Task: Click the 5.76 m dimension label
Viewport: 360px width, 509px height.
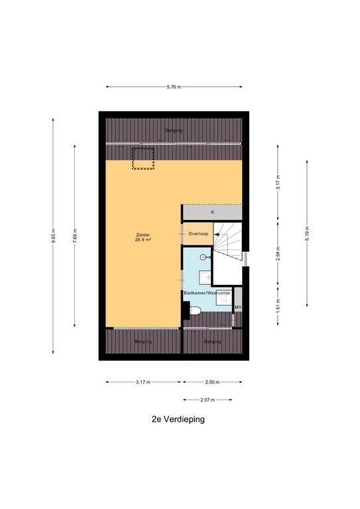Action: (x=174, y=87)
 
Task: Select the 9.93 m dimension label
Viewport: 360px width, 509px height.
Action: (x=53, y=236)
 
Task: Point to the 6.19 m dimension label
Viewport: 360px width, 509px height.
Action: (x=307, y=233)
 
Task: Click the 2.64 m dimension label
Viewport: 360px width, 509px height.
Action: (x=278, y=254)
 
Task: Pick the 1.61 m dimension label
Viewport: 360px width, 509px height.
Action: (x=278, y=306)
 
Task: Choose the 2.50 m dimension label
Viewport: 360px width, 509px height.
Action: (x=213, y=382)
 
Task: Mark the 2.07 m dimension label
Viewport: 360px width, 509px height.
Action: (x=208, y=400)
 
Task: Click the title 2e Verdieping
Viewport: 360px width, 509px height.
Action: (x=178, y=419)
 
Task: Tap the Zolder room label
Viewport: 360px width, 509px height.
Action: (x=143, y=235)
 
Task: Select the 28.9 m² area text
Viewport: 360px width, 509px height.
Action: (x=143, y=240)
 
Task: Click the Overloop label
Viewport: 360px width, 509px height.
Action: (x=198, y=234)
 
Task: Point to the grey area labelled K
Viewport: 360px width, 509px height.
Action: (x=213, y=213)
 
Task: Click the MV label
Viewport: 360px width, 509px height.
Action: (x=238, y=307)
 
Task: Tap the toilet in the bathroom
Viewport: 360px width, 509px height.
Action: (x=195, y=311)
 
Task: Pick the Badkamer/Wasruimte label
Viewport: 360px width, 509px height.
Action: (x=207, y=293)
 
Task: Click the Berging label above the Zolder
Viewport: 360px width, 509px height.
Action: (x=174, y=131)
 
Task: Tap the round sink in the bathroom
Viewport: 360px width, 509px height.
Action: (x=204, y=257)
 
